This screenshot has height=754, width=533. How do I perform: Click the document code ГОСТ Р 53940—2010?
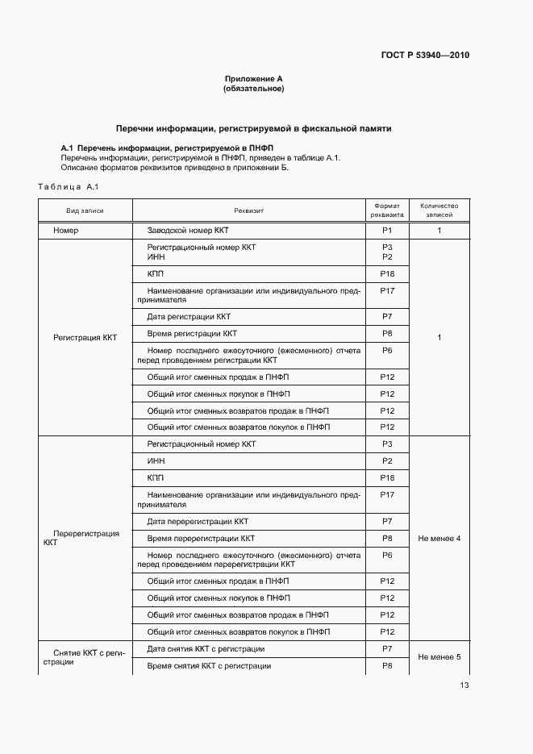pyautogui.click(x=424, y=56)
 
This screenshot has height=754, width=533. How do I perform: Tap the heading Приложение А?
pyautogui.click(x=253, y=79)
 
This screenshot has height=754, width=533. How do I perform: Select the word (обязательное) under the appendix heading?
pyautogui.click(x=253, y=89)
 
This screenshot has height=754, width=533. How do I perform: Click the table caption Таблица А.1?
pyautogui.click(x=68, y=188)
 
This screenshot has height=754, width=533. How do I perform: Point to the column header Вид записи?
pyautogui.click(x=85, y=210)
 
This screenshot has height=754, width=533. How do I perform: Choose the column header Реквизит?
pyautogui.click(x=249, y=210)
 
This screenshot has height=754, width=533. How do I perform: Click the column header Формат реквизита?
pyautogui.click(x=387, y=210)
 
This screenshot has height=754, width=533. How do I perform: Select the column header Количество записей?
pyautogui.click(x=439, y=210)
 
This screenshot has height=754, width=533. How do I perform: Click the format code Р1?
pyautogui.click(x=387, y=231)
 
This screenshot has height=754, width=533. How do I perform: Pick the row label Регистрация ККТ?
pyautogui.click(x=85, y=338)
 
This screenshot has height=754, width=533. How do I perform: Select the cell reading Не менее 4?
pyautogui.click(x=439, y=538)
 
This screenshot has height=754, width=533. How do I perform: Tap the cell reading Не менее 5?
pyautogui.click(x=439, y=656)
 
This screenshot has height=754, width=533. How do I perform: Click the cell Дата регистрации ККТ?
pyautogui.click(x=189, y=316)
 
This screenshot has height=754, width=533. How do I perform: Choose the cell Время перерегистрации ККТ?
pyautogui.click(x=201, y=538)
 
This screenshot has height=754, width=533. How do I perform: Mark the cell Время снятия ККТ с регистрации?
pyautogui.click(x=209, y=666)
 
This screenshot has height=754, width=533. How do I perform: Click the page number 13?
pyautogui.click(x=464, y=685)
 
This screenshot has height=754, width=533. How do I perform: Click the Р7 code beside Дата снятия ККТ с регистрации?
pyautogui.click(x=387, y=648)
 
